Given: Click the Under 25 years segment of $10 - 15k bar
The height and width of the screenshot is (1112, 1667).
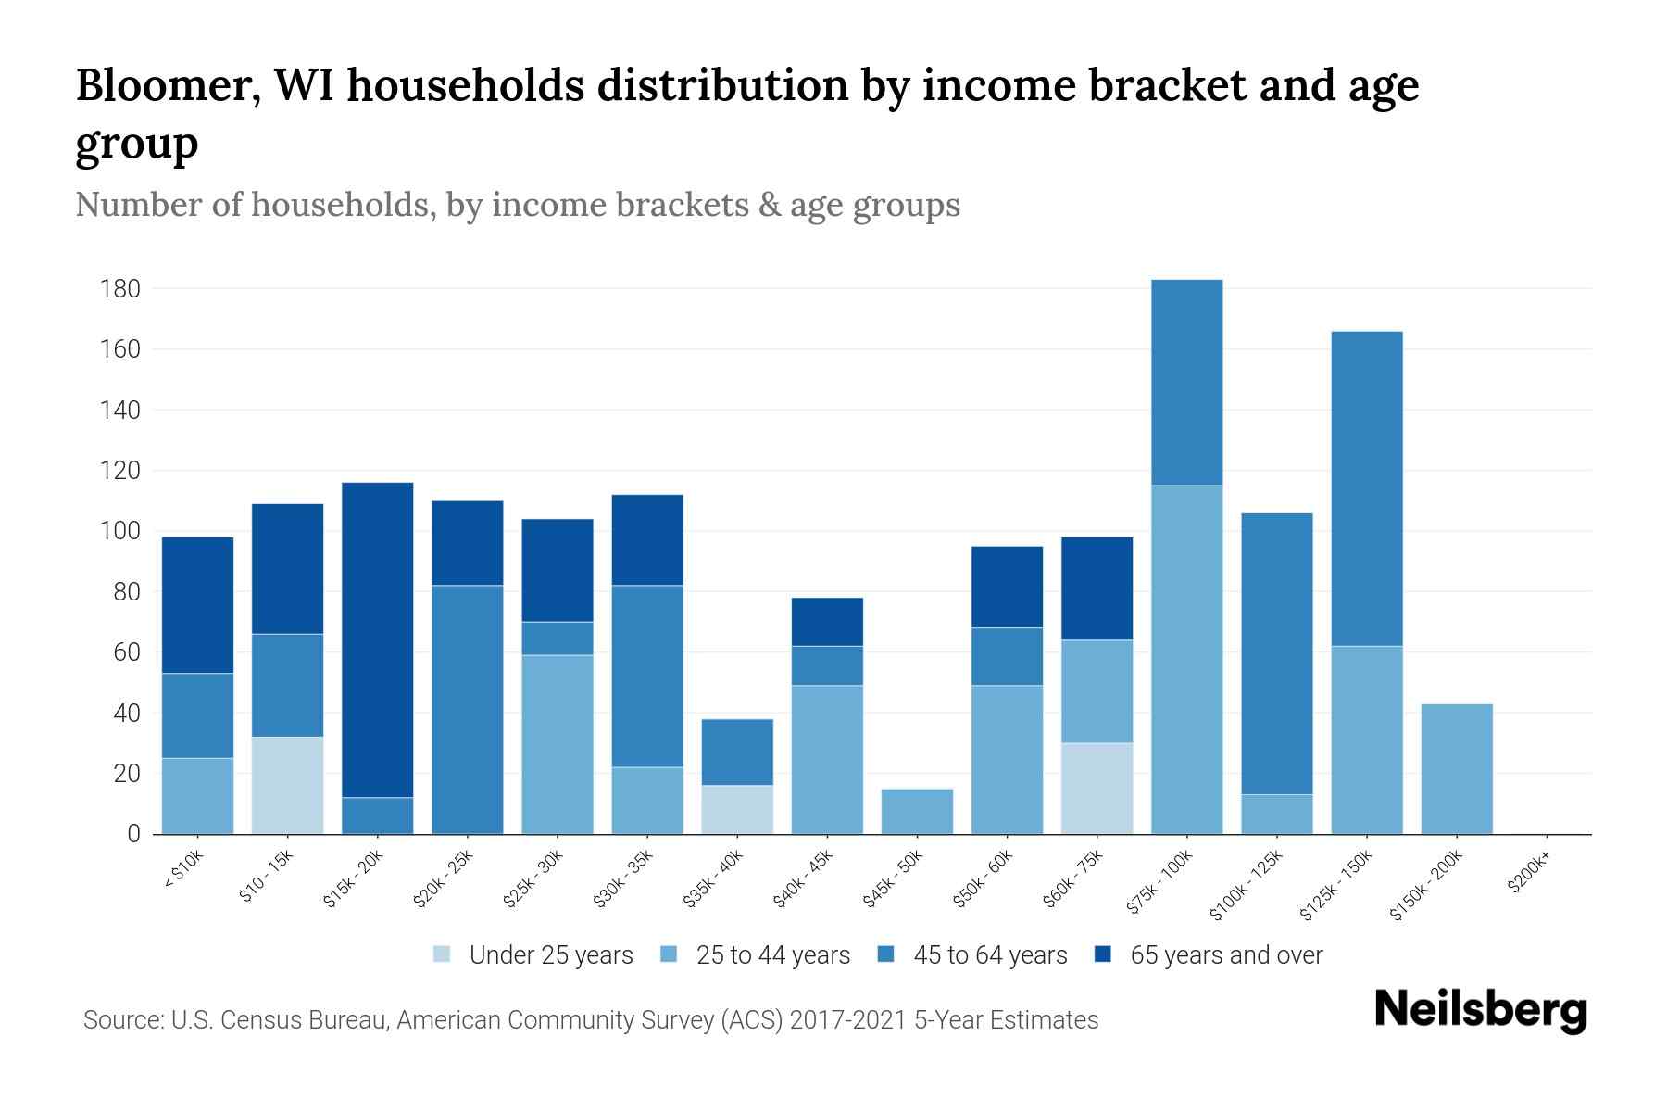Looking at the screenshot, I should [x=287, y=785].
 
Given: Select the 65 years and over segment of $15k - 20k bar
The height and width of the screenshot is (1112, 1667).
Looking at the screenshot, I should [x=377, y=639].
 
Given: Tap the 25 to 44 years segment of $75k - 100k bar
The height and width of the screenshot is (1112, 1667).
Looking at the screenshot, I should [x=1186, y=659].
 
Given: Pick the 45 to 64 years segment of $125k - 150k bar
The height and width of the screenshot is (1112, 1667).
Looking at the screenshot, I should [x=1366, y=488].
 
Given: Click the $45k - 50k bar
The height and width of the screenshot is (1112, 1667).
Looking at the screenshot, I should [x=917, y=811].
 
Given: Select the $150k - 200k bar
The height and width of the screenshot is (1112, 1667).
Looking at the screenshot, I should [x=1456, y=768].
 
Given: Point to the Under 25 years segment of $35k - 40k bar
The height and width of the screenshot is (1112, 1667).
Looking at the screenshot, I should [x=737, y=809].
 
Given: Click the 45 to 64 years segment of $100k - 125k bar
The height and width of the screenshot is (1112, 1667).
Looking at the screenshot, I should [x=1276, y=653].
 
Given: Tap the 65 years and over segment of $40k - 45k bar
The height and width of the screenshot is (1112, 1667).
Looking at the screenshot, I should [x=827, y=622].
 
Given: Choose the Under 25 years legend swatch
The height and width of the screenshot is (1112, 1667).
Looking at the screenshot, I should [x=443, y=954].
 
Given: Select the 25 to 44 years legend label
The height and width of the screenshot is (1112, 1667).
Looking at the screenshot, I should [x=772, y=954].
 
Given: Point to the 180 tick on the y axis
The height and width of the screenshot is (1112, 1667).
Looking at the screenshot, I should [x=119, y=289].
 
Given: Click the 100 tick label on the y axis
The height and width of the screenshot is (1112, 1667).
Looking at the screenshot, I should [x=119, y=531].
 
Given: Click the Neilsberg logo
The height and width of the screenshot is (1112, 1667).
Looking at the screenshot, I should [x=1480, y=1010].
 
